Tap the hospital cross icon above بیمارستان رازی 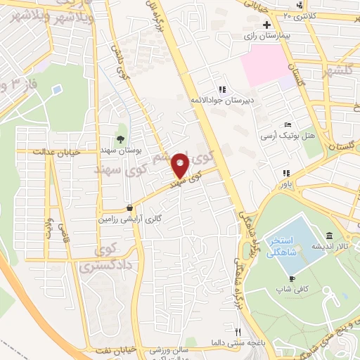click(266, 25)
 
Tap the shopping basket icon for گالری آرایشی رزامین click(130, 208)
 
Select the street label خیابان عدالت click(58, 151)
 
